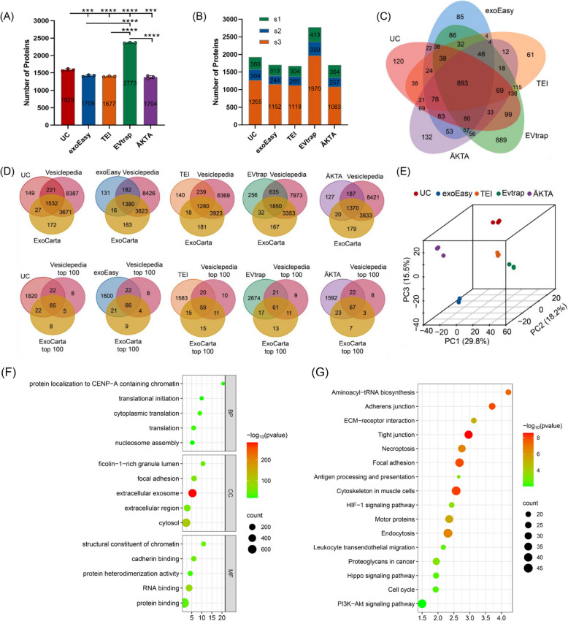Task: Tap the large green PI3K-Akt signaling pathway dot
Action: point(421,603)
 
